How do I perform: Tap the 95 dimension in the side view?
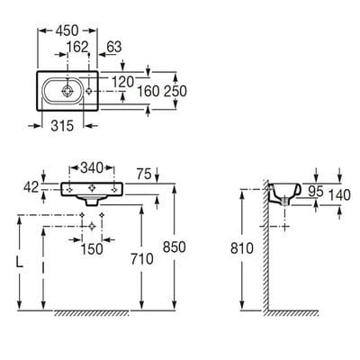pyautogui.click(x=316, y=191)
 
